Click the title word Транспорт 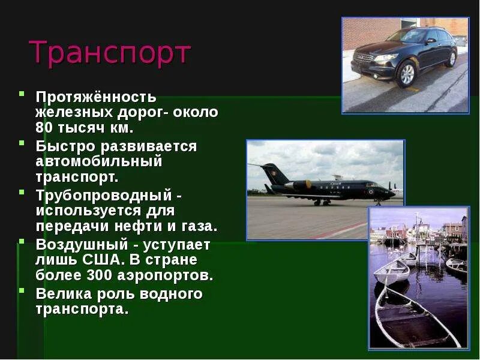point(110,53)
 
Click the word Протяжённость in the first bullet point(96,97)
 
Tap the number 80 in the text point(45,128)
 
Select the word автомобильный point(99,162)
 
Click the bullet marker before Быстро point(22,143)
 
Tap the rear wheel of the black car point(451,58)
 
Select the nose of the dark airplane point(393,193)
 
